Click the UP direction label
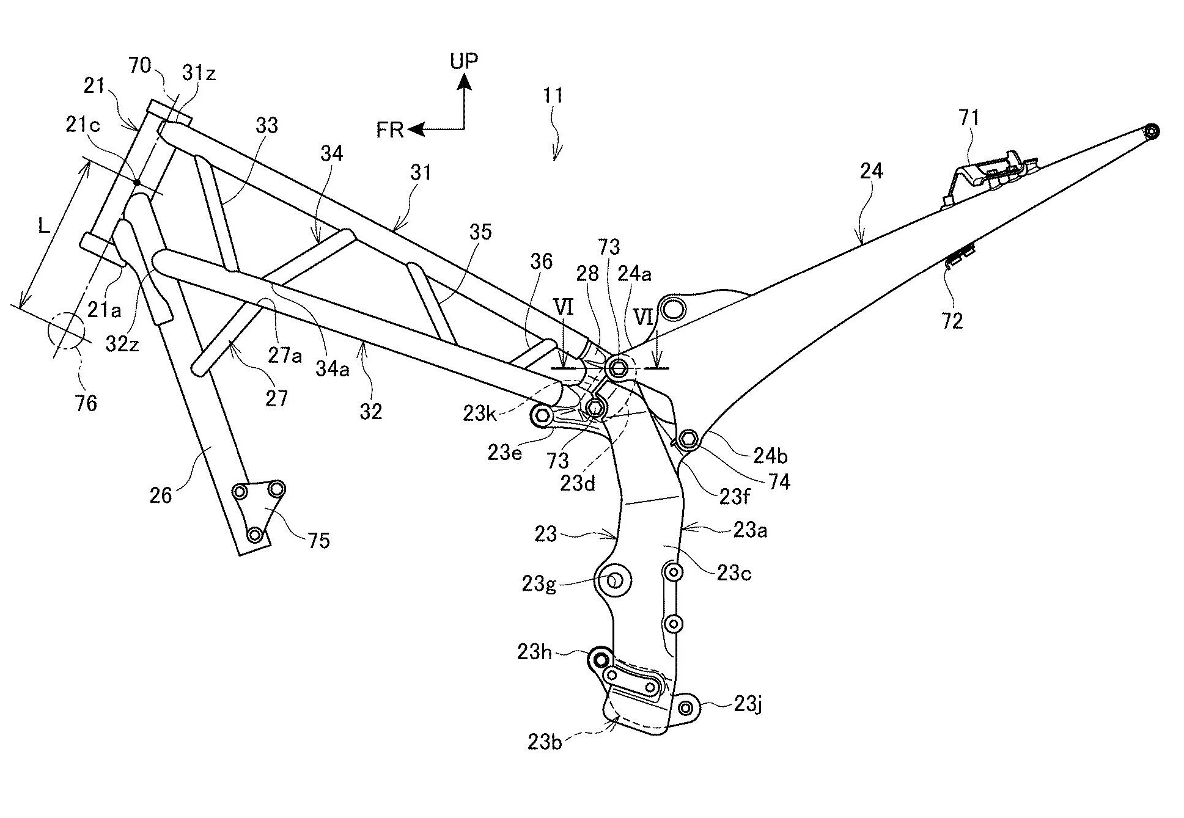point(464,60)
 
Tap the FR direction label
point(391,131)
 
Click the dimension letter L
point(44,226)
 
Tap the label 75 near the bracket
point(318,540)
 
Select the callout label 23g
point(538,585)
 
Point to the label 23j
point(748,705)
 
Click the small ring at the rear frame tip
point(1151,131)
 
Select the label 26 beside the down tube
point(161,495)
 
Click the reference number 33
point(267,125)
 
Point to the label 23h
point(534,652)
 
